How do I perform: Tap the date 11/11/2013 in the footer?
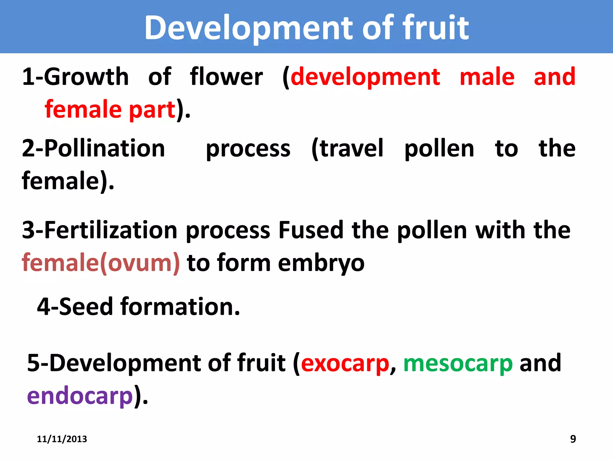62,439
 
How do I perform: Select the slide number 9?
573,439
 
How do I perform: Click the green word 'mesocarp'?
458,363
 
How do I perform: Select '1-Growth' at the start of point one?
75,77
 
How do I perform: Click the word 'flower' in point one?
226,77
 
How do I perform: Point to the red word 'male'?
487,77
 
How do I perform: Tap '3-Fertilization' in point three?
100,230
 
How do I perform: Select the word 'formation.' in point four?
180,307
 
